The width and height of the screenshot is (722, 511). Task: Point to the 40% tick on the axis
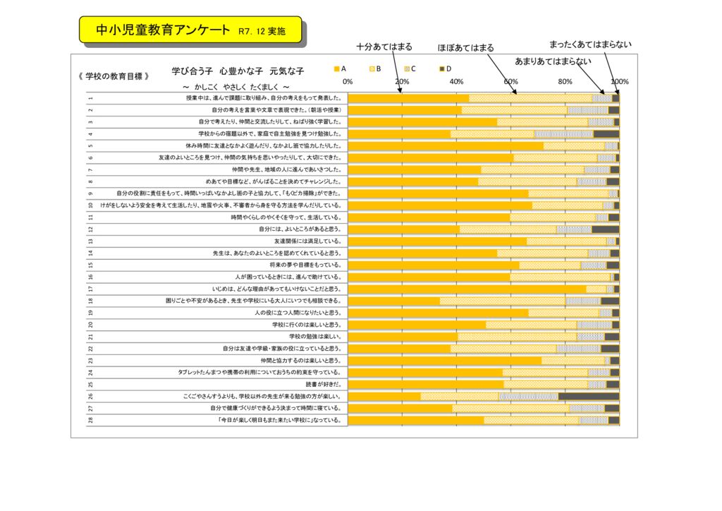click(456, 82)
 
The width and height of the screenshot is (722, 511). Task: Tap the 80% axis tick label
click(565, 82)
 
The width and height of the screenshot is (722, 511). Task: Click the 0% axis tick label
click(348, 82)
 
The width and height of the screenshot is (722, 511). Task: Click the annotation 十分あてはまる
click(384, 47)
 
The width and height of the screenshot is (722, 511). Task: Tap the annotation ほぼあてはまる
click(465, 48)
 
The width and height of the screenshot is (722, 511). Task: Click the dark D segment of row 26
click(588, 396)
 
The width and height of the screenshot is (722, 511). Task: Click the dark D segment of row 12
click(605, 229)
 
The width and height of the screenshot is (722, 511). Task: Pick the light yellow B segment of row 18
click(503, 301)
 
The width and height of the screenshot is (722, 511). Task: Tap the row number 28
click(91, 421)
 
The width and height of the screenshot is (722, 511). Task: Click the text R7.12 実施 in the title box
click(262, 32)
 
